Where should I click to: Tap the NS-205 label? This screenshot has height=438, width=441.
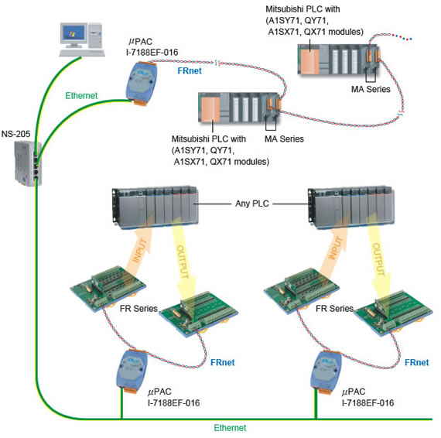(15, 134)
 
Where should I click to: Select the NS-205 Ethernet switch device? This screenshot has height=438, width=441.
(28, 164)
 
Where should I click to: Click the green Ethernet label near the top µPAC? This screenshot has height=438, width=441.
(81, 96)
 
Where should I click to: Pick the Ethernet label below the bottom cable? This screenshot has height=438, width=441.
(230, 428)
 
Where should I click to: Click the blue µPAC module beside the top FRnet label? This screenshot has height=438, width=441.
(141, 83)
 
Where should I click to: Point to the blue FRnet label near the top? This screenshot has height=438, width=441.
(190, 70)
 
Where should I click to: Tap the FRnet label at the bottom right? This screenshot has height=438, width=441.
(417, 362)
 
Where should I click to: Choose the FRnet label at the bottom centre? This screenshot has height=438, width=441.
(223, 362)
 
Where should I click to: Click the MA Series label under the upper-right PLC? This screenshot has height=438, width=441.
(371, 90)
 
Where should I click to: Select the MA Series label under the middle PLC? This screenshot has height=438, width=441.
(284, 139)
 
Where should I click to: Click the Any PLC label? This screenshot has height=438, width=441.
(252, 204)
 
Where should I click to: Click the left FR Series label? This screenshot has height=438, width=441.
(138, 309)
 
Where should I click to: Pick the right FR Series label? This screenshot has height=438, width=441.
(334, 309)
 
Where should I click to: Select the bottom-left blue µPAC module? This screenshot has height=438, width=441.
(132, 371)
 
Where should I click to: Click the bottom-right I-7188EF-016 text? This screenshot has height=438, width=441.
(367, 403)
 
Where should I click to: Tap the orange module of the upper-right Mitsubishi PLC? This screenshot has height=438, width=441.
(309, 60)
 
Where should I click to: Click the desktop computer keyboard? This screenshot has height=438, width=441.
(82, 53)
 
